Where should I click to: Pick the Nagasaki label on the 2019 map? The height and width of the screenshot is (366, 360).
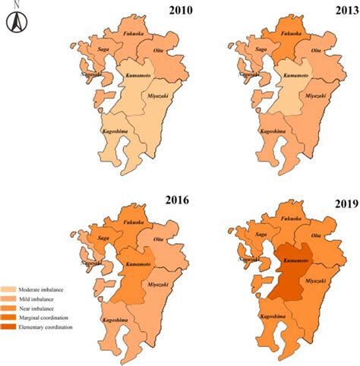tap(248, 260)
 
